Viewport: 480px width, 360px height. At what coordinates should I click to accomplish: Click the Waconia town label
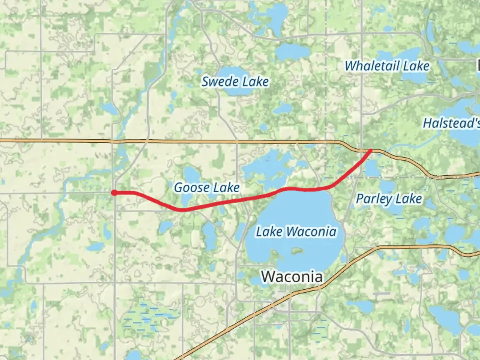point(292,277)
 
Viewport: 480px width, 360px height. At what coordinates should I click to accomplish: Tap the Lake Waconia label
point(296,231)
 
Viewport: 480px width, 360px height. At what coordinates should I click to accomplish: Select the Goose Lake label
point(207,188)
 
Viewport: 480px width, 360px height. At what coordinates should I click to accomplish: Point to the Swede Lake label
point(235,82)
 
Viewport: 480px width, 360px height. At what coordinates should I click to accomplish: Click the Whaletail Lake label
point(387,66)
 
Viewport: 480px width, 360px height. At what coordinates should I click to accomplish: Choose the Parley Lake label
point(389,199)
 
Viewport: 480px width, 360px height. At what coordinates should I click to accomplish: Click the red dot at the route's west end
point(114,193)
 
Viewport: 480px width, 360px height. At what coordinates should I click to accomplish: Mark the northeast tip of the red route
point(371,150)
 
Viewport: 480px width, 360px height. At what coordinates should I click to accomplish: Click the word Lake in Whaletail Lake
point(416,66)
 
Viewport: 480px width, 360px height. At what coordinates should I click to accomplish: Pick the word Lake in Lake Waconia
point(269,231)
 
